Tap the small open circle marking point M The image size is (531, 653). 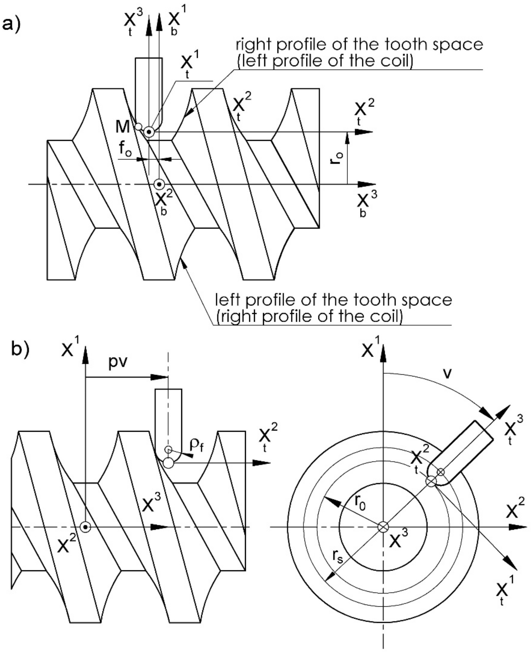pos(138,126)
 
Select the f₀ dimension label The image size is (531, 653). pos(125,149)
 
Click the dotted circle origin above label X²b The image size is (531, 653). pos(159,184)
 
